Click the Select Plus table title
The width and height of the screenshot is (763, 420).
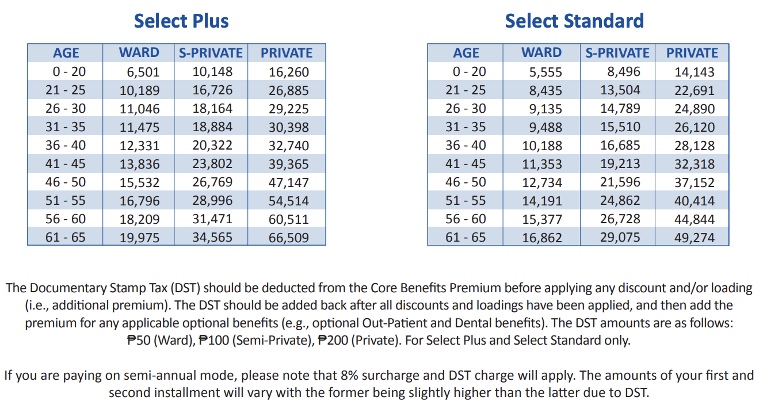click(181, 21)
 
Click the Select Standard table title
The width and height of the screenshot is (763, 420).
click(574, 21)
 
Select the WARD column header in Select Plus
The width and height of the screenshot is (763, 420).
click(139, 52)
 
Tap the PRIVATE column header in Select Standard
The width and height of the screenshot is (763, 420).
click(692, 53)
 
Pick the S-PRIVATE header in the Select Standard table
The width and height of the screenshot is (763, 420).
click(617, 53)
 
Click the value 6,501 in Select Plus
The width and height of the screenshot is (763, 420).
click(143, 72)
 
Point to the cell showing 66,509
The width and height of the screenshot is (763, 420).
click(288, 238)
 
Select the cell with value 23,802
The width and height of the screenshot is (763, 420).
click(212, 164)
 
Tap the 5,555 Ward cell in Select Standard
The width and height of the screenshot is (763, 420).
click(545, 72)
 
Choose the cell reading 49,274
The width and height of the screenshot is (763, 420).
click(694, 238)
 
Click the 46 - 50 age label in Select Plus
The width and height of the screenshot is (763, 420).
click(66, 182)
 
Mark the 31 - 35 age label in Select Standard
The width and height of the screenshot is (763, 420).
click(466, 127)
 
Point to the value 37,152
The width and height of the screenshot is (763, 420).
click(694, 182)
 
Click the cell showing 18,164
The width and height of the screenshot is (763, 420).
click(212, 109)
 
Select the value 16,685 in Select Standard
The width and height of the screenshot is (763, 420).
click(620, 146)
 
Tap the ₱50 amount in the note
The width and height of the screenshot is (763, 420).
click(139, 340)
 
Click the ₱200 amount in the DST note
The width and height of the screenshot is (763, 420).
click(333, 340)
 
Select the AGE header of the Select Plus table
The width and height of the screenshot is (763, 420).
click(66, 53)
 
